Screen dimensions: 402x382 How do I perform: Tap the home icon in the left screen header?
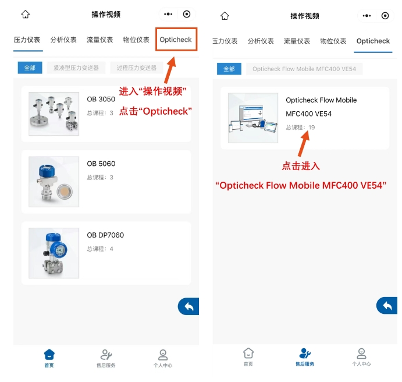[x=26, y=14]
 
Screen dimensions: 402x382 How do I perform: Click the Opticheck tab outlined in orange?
[x=176, y=40]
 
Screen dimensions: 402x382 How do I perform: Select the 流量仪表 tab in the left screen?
[x=99, y=40]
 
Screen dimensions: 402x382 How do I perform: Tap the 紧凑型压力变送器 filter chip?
[x=76, y=68]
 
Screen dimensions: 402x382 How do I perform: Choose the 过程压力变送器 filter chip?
[x=136, y=68]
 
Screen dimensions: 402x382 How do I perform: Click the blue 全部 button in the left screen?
[x=30, y=68]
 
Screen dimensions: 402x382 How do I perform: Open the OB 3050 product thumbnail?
[x=54, y=114]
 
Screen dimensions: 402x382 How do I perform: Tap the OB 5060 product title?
[x=101, y=164]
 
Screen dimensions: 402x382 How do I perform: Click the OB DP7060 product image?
[x=54, y=253]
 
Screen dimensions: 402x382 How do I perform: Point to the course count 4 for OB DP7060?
[x=111, y=249]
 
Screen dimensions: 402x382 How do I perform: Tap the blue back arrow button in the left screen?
[x=188, y=306]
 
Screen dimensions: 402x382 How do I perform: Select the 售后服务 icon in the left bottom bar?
[x=106, y=355]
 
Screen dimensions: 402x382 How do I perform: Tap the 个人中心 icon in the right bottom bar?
[x=361, y=353]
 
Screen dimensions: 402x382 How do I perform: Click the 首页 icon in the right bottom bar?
[x=248, y=353]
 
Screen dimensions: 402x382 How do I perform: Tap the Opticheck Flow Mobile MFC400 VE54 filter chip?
[x=304, y=69]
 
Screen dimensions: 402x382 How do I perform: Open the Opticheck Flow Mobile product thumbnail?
[x=253, y=118]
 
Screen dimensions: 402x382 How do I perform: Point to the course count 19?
[x=311, y=128]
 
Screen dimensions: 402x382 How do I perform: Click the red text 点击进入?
[x=301, y=166]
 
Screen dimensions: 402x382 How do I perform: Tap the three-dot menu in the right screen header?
[x=367, y=16]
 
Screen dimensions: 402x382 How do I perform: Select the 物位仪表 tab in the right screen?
[x=333, y=41]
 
